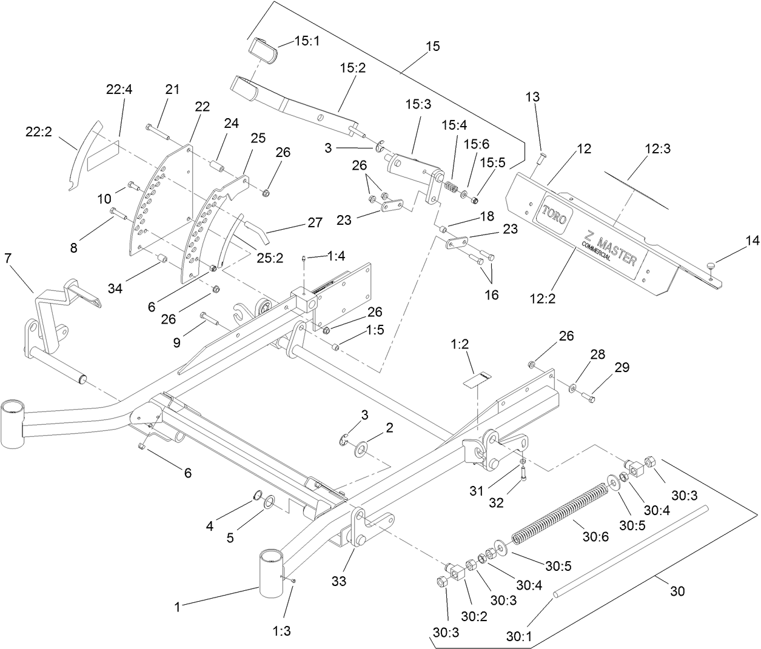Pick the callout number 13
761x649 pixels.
(532, 97)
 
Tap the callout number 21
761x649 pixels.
(173, 89)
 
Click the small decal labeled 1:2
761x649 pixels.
(476, 379)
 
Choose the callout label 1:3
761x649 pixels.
(282, 631)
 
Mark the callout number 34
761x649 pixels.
(115, 288)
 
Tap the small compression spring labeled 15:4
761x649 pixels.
(451, 187)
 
